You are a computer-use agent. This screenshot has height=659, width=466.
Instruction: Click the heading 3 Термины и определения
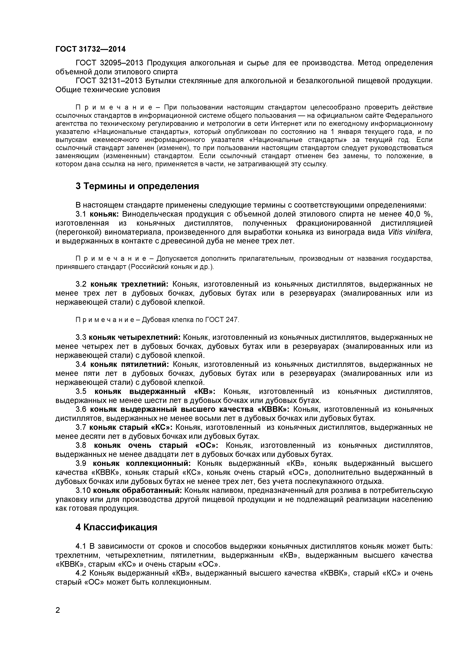(x=137, y=186)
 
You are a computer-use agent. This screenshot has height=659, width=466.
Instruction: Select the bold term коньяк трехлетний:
(x=129, y=284)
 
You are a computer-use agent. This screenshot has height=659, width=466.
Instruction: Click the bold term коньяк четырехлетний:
(x=135, y=337)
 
